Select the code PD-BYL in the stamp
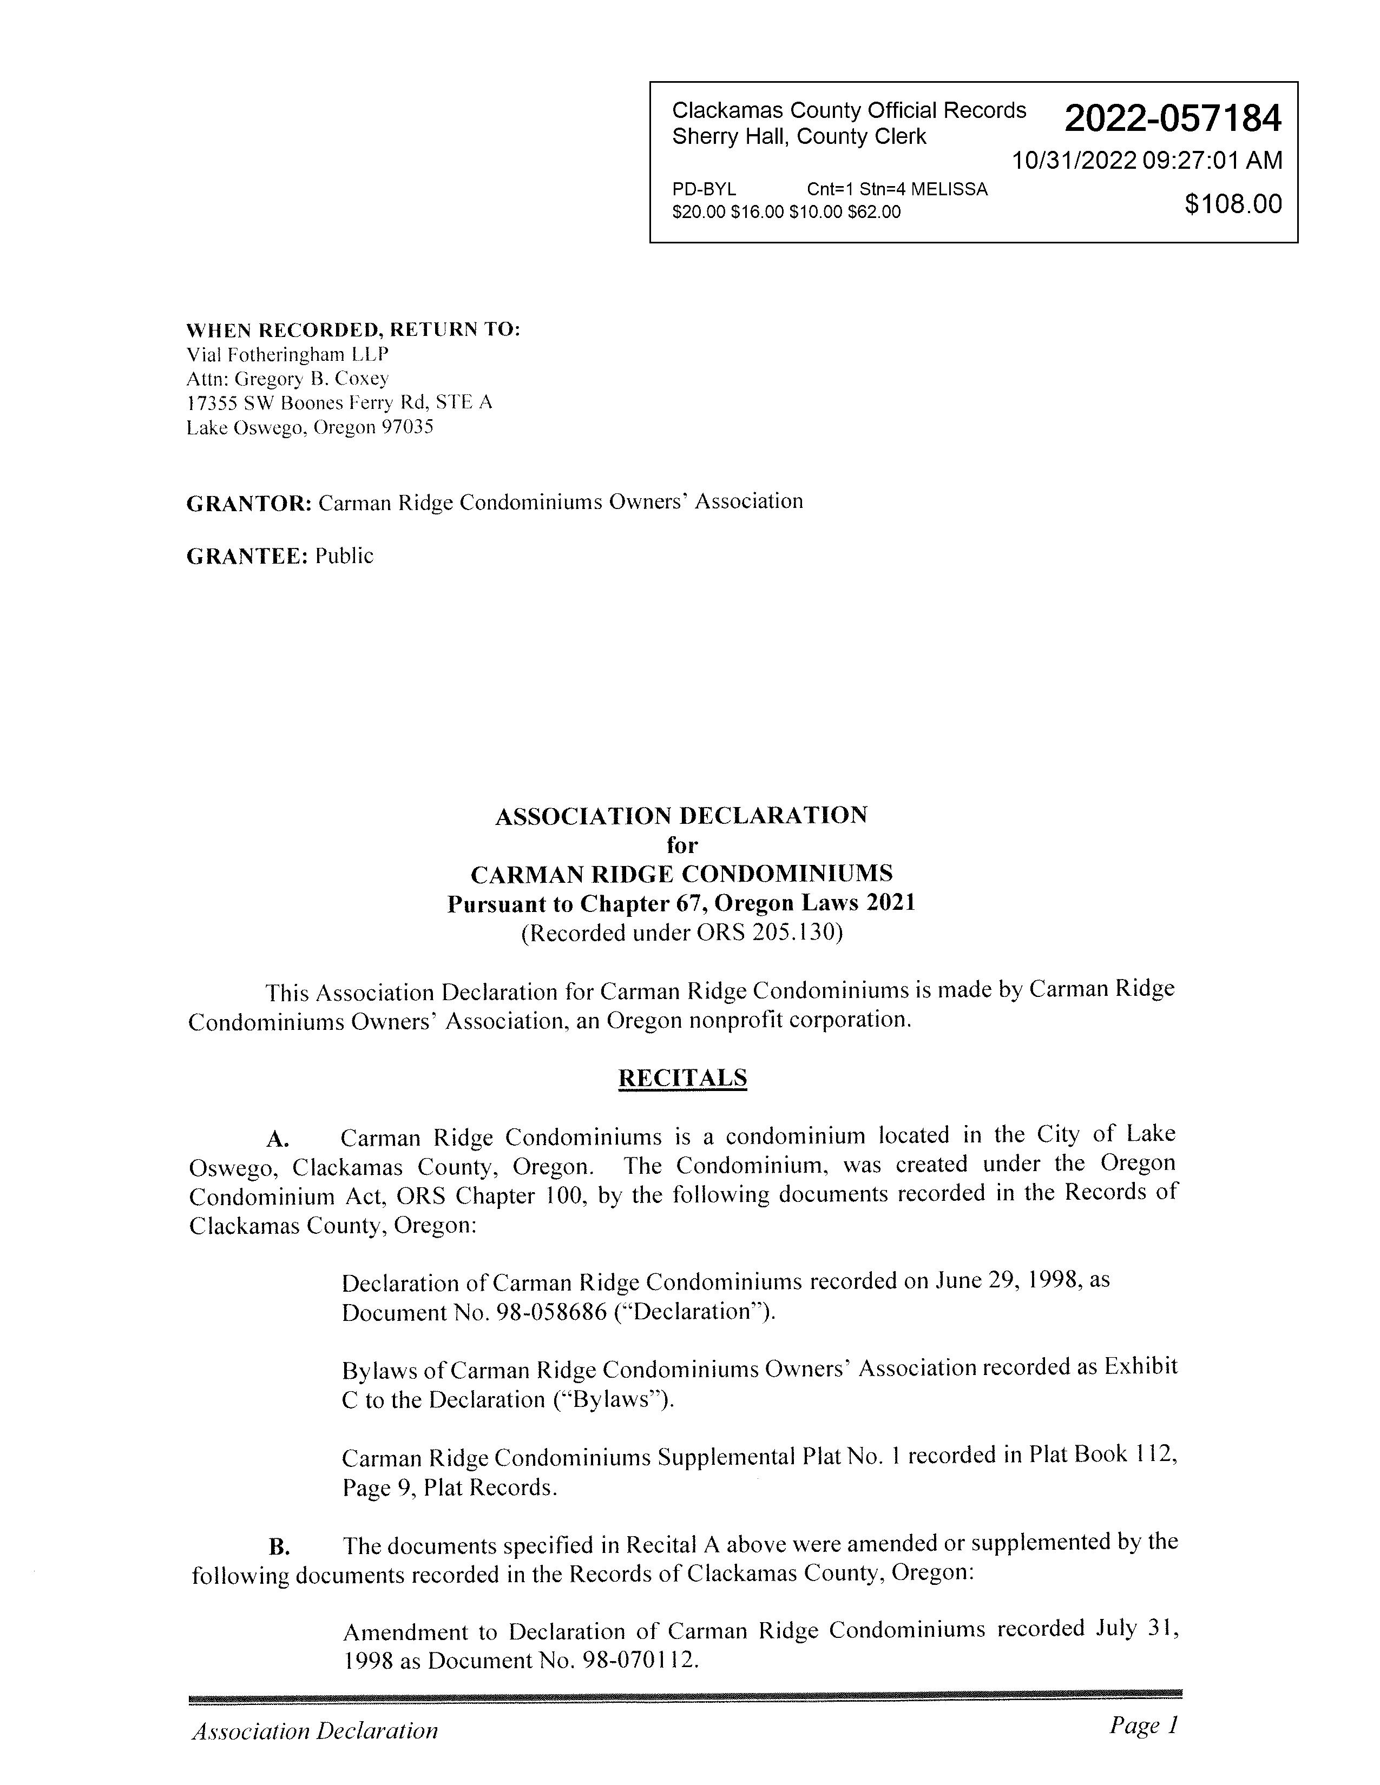click(x=704, y=190)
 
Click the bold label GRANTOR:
click(x=248, y=504)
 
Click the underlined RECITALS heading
click(x=682, y=1078)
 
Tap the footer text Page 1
click(x=1144, y=1725)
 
